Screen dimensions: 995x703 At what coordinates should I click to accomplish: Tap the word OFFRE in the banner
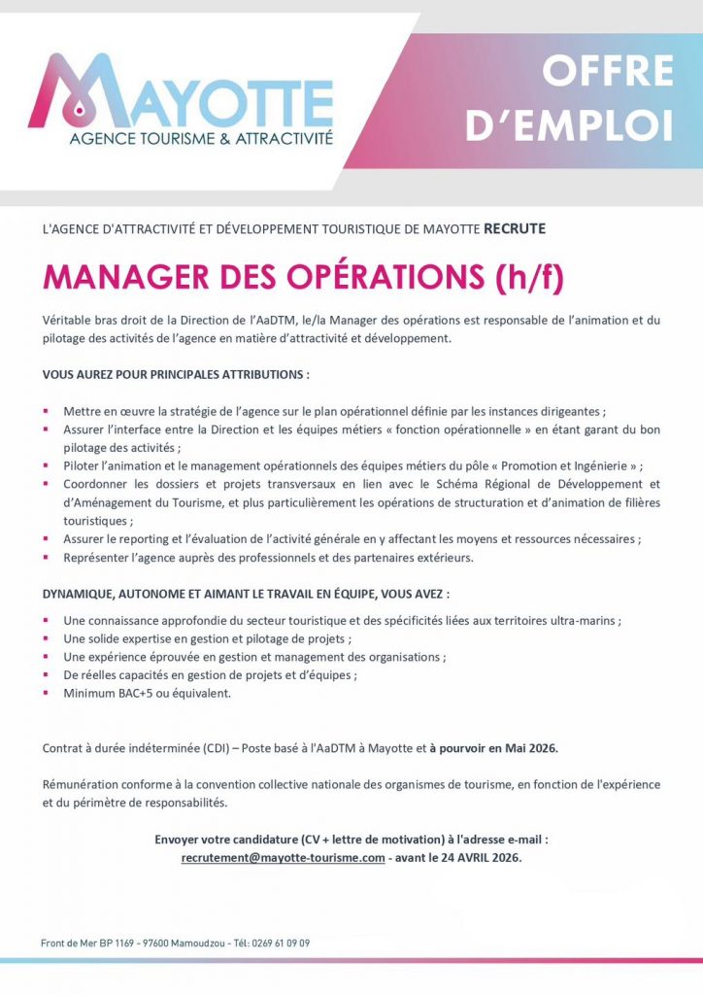tap(608, 71)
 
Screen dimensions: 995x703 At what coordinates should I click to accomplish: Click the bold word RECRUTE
tap(515, 229)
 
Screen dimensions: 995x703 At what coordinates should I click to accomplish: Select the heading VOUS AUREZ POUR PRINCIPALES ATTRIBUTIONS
tap(176, 374)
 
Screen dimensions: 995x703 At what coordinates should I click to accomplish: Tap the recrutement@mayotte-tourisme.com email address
tap(284, 859)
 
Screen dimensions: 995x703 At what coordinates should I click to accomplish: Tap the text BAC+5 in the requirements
tap(133, 694)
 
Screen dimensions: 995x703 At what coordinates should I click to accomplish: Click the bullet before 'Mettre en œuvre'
tap(46, 411)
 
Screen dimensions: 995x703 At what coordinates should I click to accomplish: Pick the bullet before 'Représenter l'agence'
tap(46, 558)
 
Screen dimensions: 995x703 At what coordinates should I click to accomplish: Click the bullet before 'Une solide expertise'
tap(46, 638)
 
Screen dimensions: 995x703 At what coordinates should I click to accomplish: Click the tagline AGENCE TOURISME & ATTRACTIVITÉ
tap(201, 139)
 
